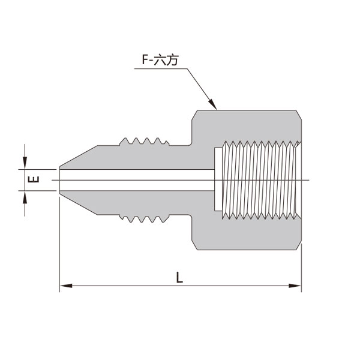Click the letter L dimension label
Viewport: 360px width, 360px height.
click(x=179, y=277)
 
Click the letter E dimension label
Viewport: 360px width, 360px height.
click(x=34, y=179)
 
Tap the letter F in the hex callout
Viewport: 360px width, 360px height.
click(x=145, y=59)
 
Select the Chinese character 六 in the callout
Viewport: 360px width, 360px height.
click(x=160, y=59)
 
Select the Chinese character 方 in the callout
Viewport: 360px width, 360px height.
click(x=172, y=60)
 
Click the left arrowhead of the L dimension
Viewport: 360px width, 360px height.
click(x=66, y=286)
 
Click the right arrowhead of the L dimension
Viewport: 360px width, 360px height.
click(x=295, y=286)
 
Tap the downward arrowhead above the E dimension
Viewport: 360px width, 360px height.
click(x=25, y=163)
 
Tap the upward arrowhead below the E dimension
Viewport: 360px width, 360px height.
click(x=25, y=197)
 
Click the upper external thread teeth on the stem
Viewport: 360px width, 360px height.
click(x=145, y=141)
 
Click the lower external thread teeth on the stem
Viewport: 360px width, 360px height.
click(x=145, y=219)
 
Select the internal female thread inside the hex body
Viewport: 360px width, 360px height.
click(x=261, y=180)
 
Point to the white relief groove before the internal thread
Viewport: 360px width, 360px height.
click(x=218, y=179)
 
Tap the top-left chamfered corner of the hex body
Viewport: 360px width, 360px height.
click(x=194, y=115)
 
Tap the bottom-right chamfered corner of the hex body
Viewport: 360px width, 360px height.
click(x=298, y=245)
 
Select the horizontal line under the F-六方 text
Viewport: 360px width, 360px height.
click(x=161, y=68)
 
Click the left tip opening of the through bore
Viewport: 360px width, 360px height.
click(x=59, y=180)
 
